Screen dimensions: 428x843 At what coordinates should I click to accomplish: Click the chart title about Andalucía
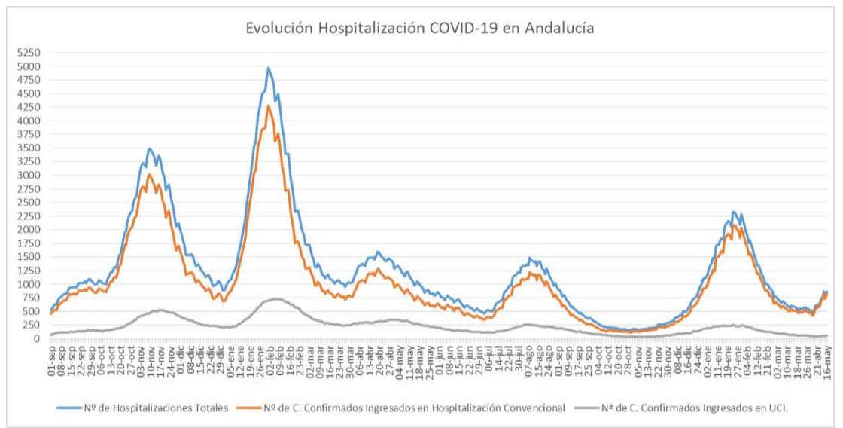click(421, 29)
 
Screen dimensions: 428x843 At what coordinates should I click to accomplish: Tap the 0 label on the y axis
click(35, 338)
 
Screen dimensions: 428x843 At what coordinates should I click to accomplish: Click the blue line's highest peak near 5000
click(269, 68)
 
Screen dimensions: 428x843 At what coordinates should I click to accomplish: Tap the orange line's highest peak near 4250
click(269, 106)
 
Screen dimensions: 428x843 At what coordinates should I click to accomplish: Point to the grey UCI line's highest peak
click(276, 298)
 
